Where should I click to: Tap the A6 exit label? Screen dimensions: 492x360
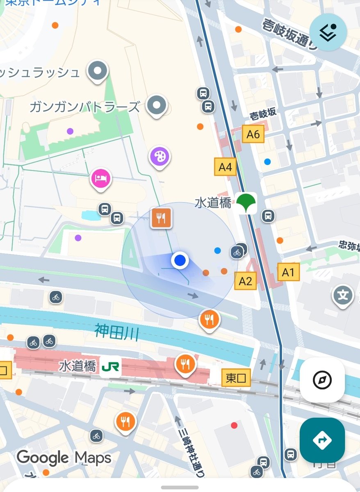[x=253, y=134]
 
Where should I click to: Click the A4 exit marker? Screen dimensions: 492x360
[x=225, y=167]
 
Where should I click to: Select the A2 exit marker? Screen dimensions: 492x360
[x=245, y=281]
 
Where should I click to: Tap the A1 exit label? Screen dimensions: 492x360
[x=288, y=272]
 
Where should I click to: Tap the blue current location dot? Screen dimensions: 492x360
[x=180, y=260]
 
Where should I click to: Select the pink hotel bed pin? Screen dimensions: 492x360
[x=101, y=179]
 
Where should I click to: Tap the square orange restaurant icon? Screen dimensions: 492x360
[x=161, y=218]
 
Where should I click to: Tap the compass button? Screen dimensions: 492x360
[x=322, y=380]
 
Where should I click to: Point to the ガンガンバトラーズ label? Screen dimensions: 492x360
[x=85, y=107]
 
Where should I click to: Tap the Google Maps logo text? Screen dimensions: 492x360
[x=64, y=458]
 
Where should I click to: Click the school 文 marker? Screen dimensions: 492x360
[x=342, y=295]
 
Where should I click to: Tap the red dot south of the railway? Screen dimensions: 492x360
[x=234, y=425]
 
